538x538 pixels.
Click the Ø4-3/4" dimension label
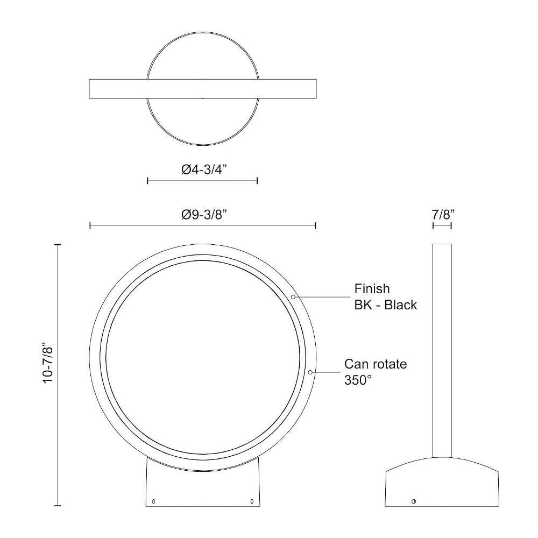pyautogui.click(x=204, y=169)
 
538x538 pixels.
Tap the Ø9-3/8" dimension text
pyautogui.click(x=204, y=215)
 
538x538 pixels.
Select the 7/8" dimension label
pyautogui.click(x=443, y=215)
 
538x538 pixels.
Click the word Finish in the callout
pyautogui.click(x=372, y=289)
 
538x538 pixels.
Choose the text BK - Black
pyautogui.click(x=386, y=305)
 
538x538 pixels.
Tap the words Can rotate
pyautogui.click(x=376, y=364)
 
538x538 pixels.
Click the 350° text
pyautogui.click(x=358, y=380)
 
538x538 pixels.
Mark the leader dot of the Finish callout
pyautogui.click(x=293, y=297)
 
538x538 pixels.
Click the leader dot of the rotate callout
pyautogui.click(x=310, y=372)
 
